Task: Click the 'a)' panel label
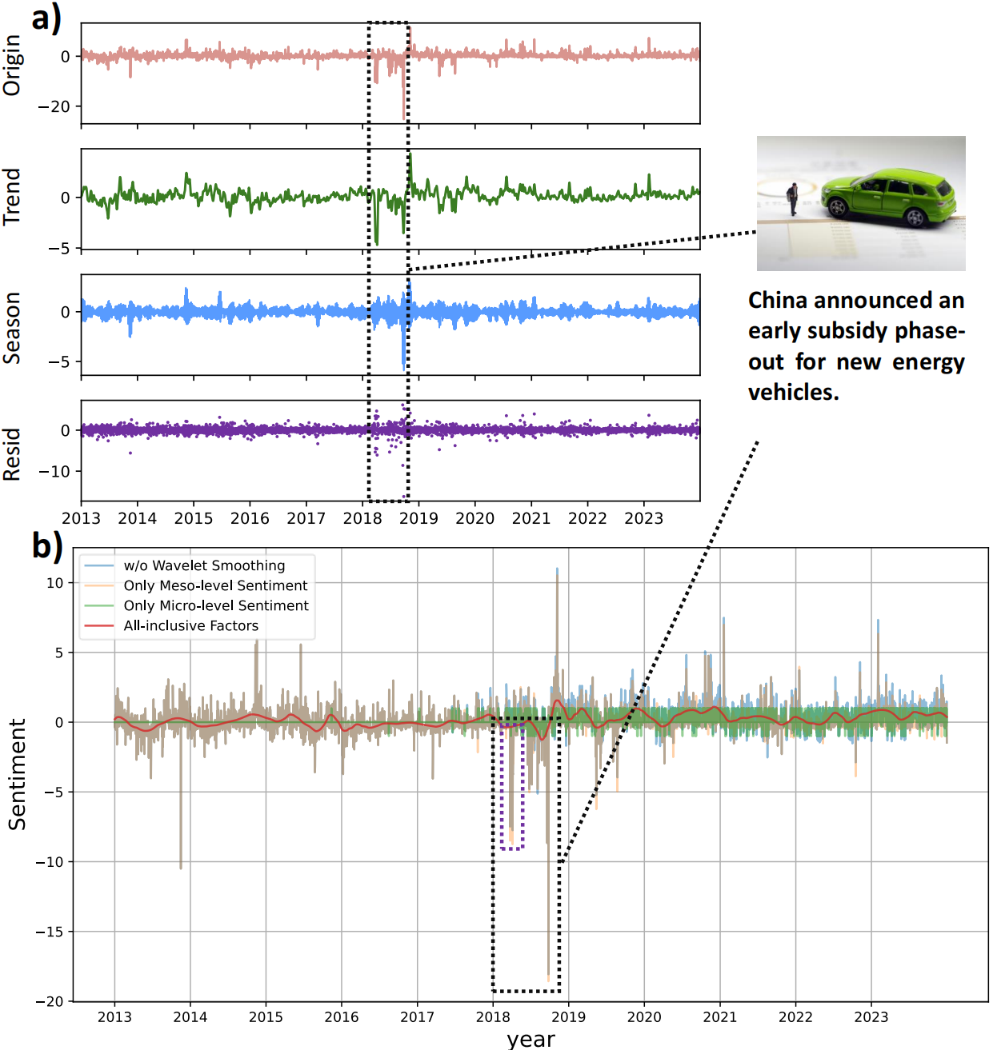pyautogui.click(x=46, y=18)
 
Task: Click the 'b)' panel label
pyautogui.click(x=47, y=546)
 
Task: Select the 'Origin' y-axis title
pyautogui.click(x=12, y=65)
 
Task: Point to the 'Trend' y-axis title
pyautogui.click(x=12, y=197)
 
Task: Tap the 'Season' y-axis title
pyautogui.click(x=12, y=328)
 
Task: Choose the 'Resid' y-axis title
pyautogui.click(x=12, y=454)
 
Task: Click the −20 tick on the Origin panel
pyautogui.click(x=54, y=106)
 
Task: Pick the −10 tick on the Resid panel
pyautogui.click(x=54, y=472)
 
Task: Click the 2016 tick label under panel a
pyautogui.click(x=250, y=518)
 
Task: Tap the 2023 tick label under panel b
pyautogui.click(x=871, y=1017)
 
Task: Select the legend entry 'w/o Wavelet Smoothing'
pyautogui.click(x=204, y=565)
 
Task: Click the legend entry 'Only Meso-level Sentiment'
pyautogui.click(x=215, y=585)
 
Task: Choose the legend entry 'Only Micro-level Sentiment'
pyautogui.click(x=216, y=605)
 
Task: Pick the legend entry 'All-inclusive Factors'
pyautogui.click(x=190, y=625)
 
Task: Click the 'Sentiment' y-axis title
pyautogui.click(x=18, y=773)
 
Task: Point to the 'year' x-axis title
pyautogui.click(x=531, y=1039)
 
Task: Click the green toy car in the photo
pyautogui.click(x=888, y=195)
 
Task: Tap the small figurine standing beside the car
pyautogui.click(x=793, y=199)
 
